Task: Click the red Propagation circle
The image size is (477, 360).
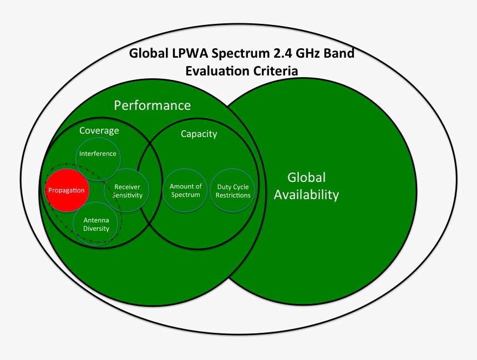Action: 67,190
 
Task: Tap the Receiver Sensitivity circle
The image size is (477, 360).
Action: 127,191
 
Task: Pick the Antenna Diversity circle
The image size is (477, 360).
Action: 96,224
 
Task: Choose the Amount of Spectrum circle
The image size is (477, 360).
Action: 185,190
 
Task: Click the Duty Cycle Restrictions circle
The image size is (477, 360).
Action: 233,190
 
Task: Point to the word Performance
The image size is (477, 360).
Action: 152,105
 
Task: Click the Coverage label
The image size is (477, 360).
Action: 99,130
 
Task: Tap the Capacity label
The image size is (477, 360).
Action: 199,134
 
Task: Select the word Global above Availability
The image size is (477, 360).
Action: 306,178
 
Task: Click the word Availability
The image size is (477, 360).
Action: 306,195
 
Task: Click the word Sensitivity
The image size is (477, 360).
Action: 127,195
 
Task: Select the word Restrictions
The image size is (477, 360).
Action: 233,195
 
